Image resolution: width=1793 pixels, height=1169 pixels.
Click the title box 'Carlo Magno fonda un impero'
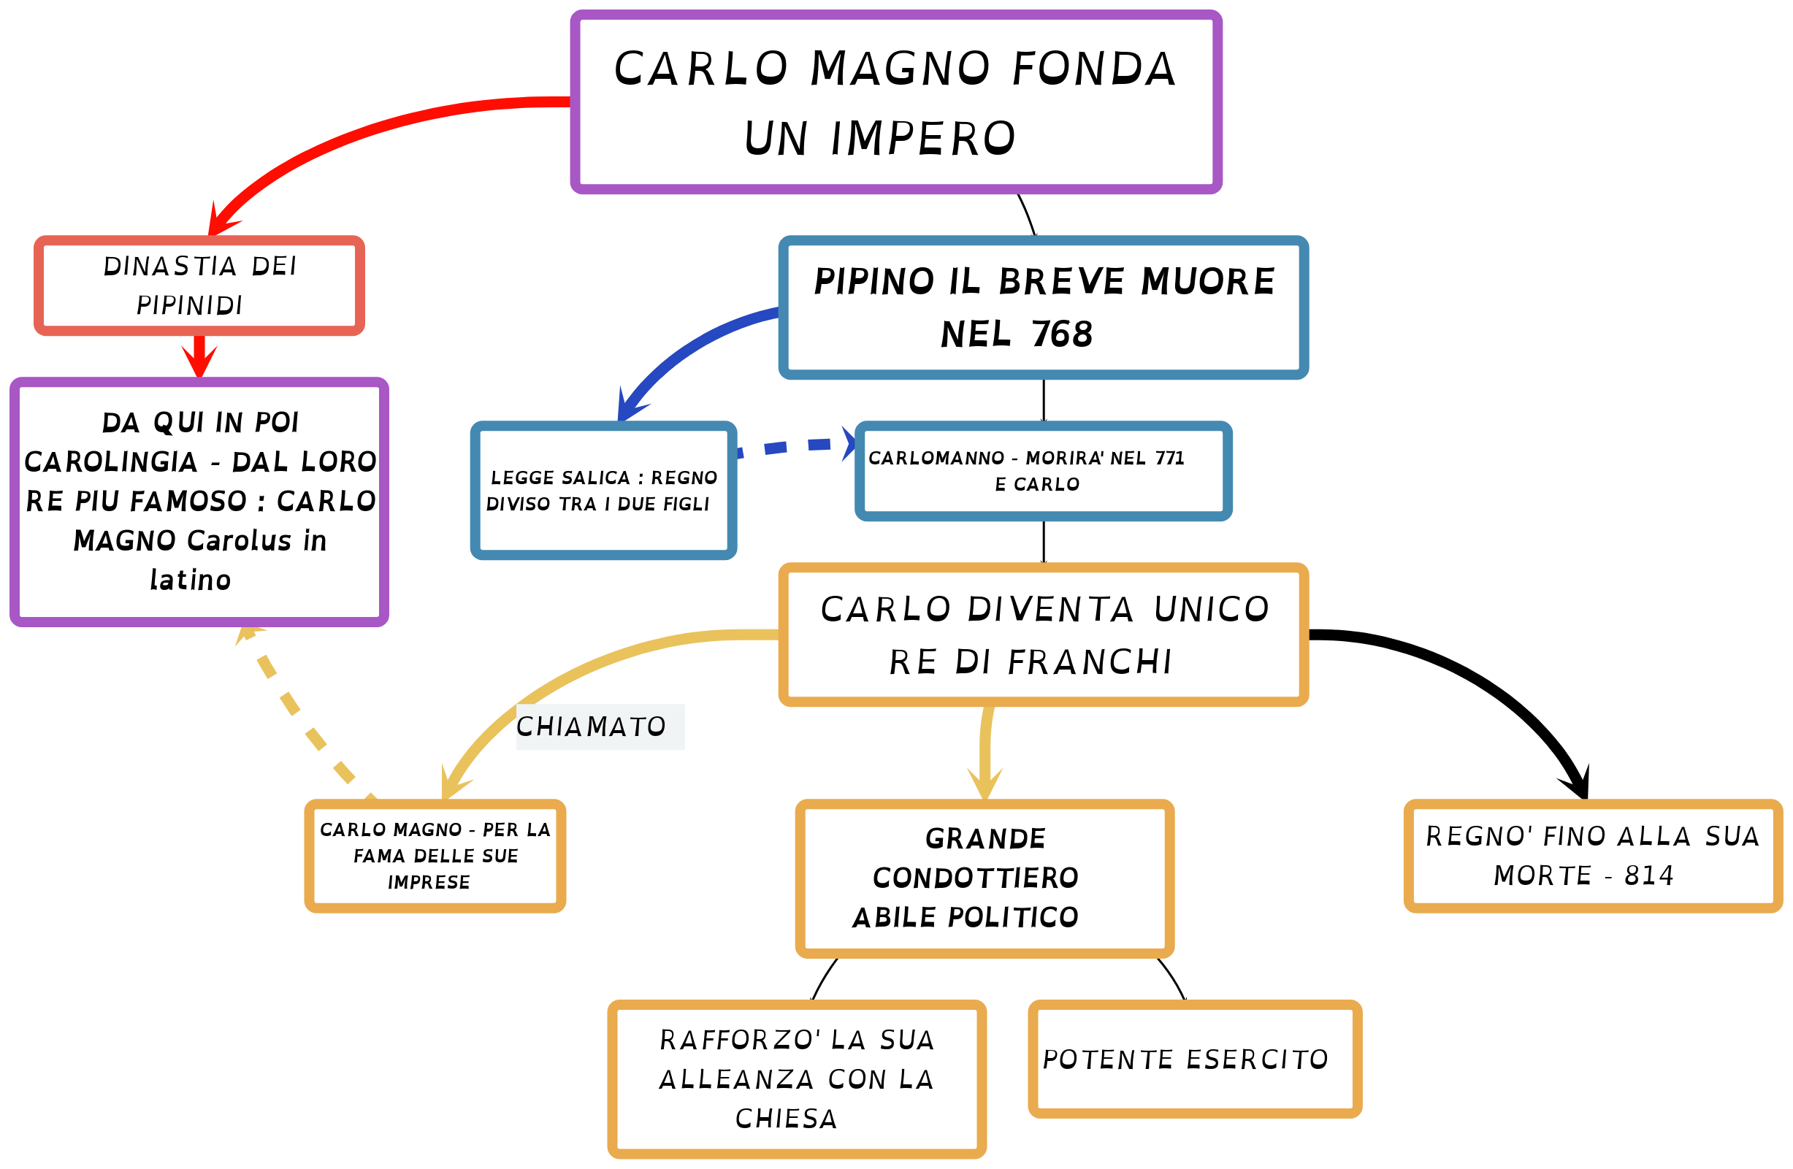[x=895, y=101]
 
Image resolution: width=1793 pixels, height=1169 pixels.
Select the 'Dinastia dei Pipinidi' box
[x=199, y=285]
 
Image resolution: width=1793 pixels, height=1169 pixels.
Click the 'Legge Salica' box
[x=603, y=491]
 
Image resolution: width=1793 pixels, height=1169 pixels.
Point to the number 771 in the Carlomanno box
[x=1169, y=458]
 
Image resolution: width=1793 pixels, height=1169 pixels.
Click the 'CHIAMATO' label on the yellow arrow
[x=592, y=727]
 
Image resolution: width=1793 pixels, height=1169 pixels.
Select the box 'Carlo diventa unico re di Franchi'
[x=1043, y=635]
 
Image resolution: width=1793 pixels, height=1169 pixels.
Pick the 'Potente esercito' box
[x=1194, y=1059]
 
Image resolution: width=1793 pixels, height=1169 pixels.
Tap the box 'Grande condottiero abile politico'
[x=984, y=878]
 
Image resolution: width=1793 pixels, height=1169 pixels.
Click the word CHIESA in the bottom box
[x=786, y=1119]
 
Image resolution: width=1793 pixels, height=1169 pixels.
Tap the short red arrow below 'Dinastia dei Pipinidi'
[x=199, y=356]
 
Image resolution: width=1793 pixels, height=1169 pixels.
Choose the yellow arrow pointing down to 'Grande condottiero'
[x=985, y=754]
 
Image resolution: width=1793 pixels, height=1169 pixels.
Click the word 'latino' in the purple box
[x=190, y=580]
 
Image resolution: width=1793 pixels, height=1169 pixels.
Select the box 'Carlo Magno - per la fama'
[x=435, y=856]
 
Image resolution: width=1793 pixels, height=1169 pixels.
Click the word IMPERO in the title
[x=923, y=139]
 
